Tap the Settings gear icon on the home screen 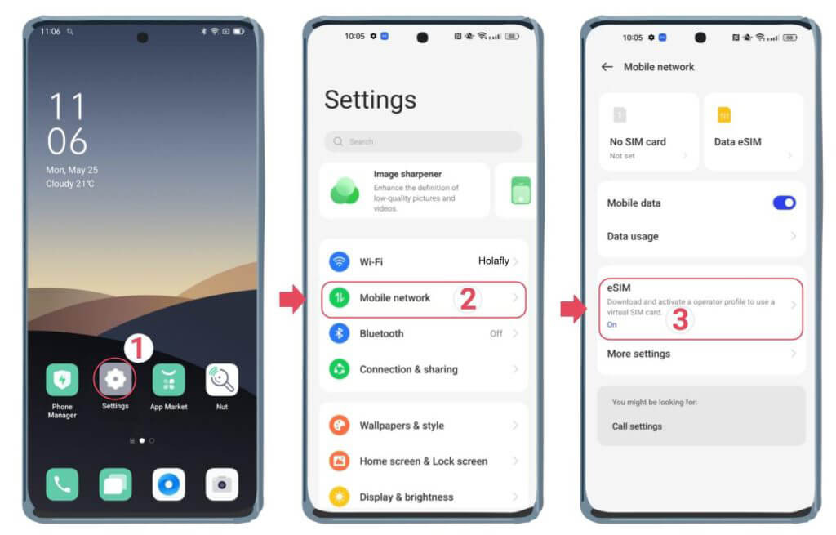pyautogui.click(x=115, y=379)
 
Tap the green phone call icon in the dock pyautogui.click(x=62, y=484)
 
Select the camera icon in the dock pyautogui.click(x=221, y=484)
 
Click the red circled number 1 pyautogui.click(x=138, y=349)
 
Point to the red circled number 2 pyautogui.click(x=468, y=299)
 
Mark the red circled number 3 pyautogui.click(x=679, y=319)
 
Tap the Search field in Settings pyautogui.click(x=423, y=141)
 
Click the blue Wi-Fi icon pyautogui.click(x=339, y=261)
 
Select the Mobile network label pyautogui.click(x=394, y=298)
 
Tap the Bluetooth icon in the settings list pyautogui.click(x=339, y=333)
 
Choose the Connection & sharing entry pyautogui.click(x=408, y=369)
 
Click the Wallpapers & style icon pyautogui.click(x=339, y=426)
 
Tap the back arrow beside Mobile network pyautogui.click(x=607, y=67)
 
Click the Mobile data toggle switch pyautogui.click(x=784, y=203)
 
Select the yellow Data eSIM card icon pyautogui.click(x=724, y=115)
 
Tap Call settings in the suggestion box pyautogui.click(x=637, y=426)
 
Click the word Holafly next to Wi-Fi pyautogui.click(x=493, y=261)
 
